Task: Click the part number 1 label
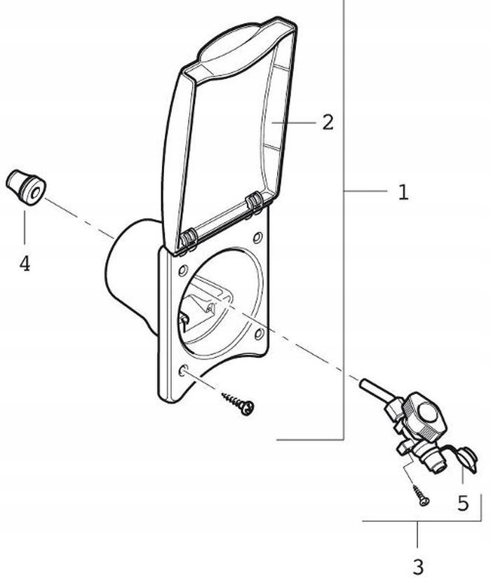(403, 192)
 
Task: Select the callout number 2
(328, 123)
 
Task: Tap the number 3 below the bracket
(418, 565)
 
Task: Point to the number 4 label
(25, 264)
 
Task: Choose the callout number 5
(463, 503)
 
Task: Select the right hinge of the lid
(254, 203)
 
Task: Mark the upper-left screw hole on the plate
(182, 269)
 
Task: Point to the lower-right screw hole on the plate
(259, 334)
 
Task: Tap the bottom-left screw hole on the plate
(183, 370)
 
